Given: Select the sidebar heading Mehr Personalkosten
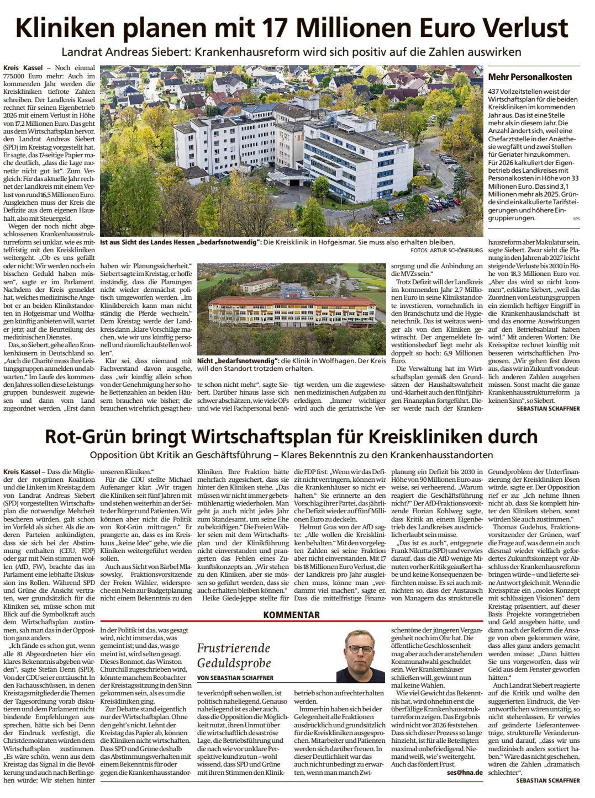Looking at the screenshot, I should (x=530, y=77).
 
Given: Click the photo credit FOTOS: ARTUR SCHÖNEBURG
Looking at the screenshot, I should (x=446, y=250).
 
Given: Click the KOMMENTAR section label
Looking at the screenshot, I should (x=291, y=614).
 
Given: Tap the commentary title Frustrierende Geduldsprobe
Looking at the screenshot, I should (x=234, y=655).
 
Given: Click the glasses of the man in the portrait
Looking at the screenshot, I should (x=360, y=650).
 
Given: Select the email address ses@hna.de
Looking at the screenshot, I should (x=465, y=773).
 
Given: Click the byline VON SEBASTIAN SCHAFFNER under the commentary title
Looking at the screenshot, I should (x=235, y=678).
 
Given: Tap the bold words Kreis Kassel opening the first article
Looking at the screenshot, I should (x=23, y=68).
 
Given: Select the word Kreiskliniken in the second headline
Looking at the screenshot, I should (x=424, y=436).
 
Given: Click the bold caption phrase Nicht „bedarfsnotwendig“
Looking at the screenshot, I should (x=238, y=360).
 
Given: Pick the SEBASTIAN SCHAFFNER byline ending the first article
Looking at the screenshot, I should (x=548, y=408).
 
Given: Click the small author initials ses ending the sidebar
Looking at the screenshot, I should (x=576, y=219).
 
